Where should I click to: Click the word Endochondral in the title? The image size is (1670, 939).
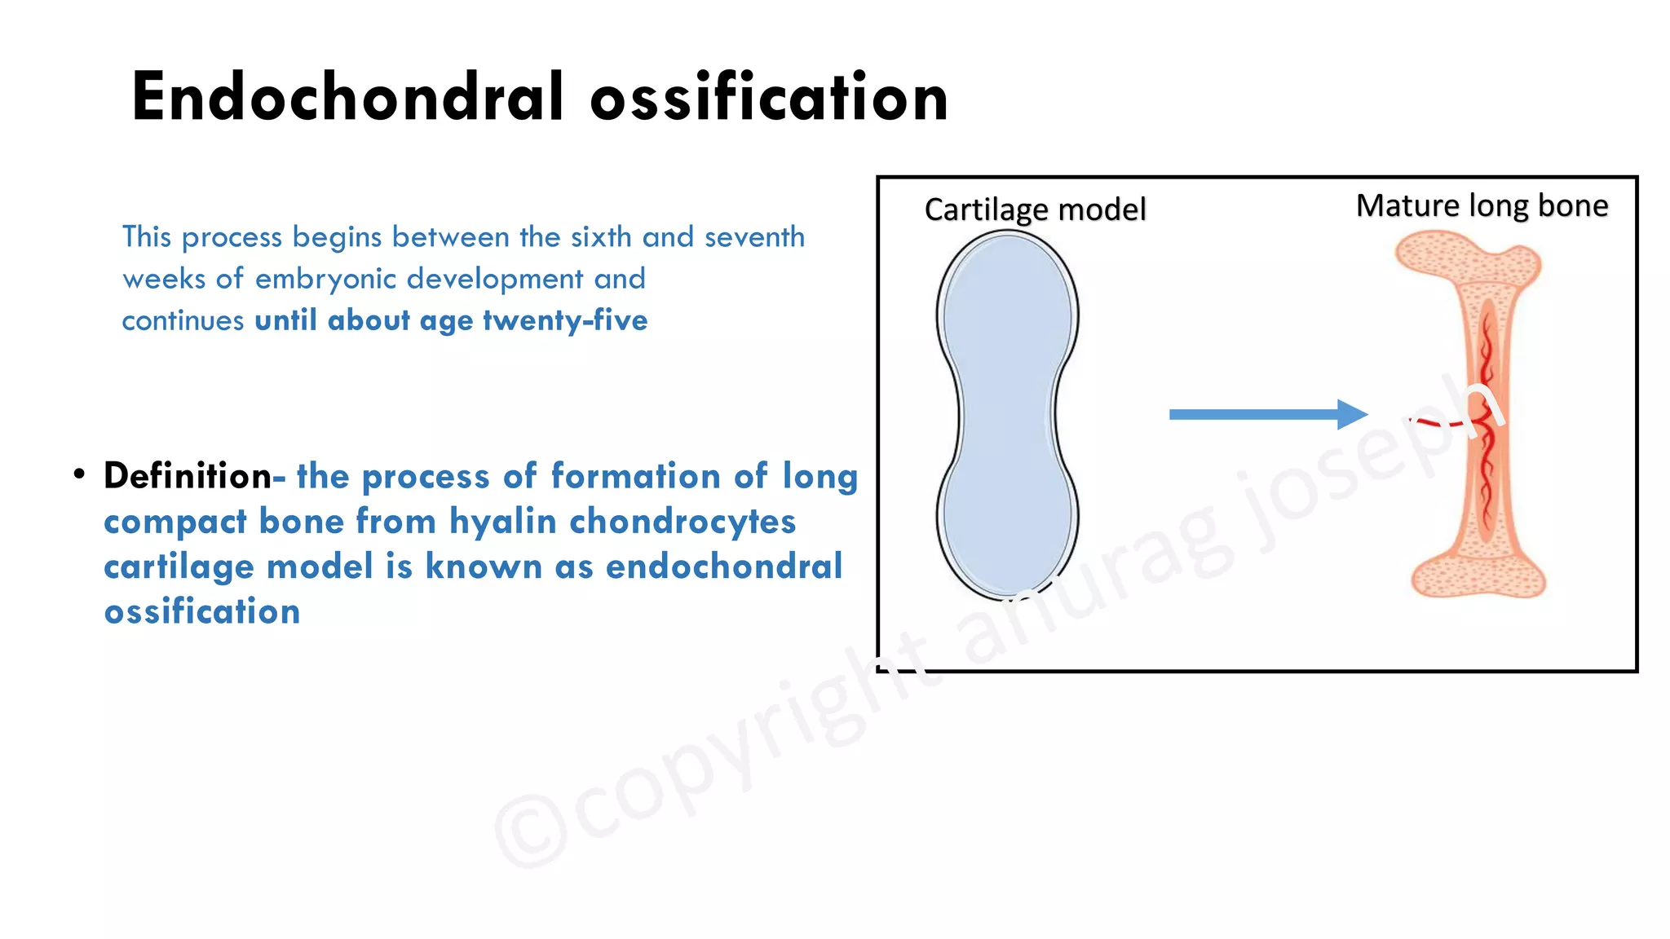(347, 97)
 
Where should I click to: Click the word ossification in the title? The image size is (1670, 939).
(769, 97)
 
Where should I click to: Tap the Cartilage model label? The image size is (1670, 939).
(1035, 209)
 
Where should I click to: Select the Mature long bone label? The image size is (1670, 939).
(1482, 205)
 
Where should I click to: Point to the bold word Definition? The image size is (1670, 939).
(187, 476)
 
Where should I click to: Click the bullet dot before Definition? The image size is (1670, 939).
(79, 474)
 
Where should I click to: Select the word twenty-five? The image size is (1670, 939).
(565, 320)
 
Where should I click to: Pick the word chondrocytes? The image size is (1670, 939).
(682, 522)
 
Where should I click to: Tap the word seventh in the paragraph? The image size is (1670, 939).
(754, 237)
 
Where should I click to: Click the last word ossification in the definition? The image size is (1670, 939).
(202, 611)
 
